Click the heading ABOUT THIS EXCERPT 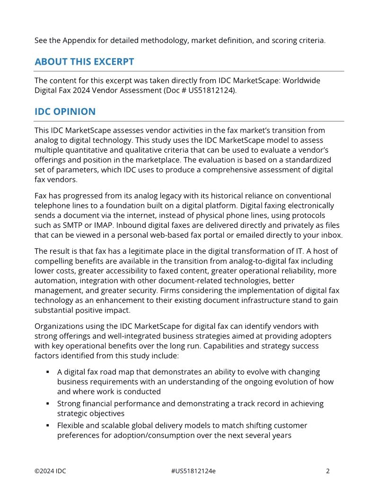click(84, 62)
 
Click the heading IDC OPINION click(65, 112)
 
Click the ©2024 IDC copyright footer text click(50, 471)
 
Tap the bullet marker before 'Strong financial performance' click(48, 404)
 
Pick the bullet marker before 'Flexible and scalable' click(48, 425)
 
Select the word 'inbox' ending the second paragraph click(330, 235)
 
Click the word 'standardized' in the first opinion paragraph click(310, 160)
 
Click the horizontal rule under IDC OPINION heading click(189, 121)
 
